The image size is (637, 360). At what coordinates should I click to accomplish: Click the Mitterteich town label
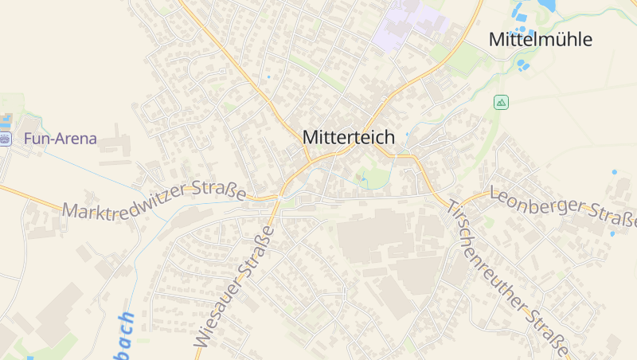click(x=348, y=137)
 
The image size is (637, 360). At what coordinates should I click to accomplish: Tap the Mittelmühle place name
click(x=540, y=39)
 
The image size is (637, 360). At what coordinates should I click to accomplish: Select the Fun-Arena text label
click(x=61, y=139)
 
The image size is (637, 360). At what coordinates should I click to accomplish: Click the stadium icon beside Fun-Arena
click(x=6, y=139)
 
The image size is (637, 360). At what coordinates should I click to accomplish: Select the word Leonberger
click(x=537, y=202)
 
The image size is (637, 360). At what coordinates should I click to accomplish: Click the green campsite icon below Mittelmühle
click(x=501, y=102)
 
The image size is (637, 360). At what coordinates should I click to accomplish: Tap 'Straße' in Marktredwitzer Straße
click(x=219, y=190)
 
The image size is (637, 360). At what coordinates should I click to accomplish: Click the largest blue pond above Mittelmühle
click(x=545, y=6)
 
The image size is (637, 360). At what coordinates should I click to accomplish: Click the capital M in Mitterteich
click(x=311, y=137)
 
